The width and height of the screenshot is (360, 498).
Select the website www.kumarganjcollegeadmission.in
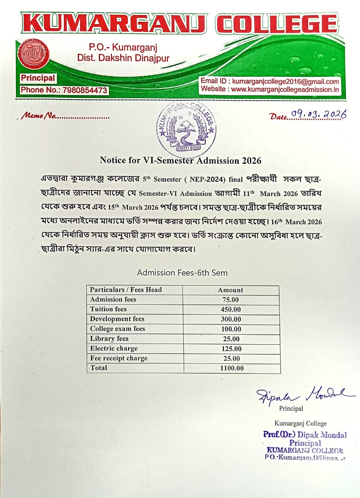285,89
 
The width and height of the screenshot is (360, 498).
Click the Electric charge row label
114,348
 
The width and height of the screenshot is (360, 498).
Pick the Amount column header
231,290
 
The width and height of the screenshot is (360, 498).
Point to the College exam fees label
117,329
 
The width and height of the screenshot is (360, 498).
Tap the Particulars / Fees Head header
126,290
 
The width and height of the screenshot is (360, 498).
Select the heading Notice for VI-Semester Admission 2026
180,160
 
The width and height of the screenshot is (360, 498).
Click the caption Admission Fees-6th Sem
182,273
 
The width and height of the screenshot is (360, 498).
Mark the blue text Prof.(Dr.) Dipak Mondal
305,435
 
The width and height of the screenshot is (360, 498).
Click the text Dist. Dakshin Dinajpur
123,58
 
